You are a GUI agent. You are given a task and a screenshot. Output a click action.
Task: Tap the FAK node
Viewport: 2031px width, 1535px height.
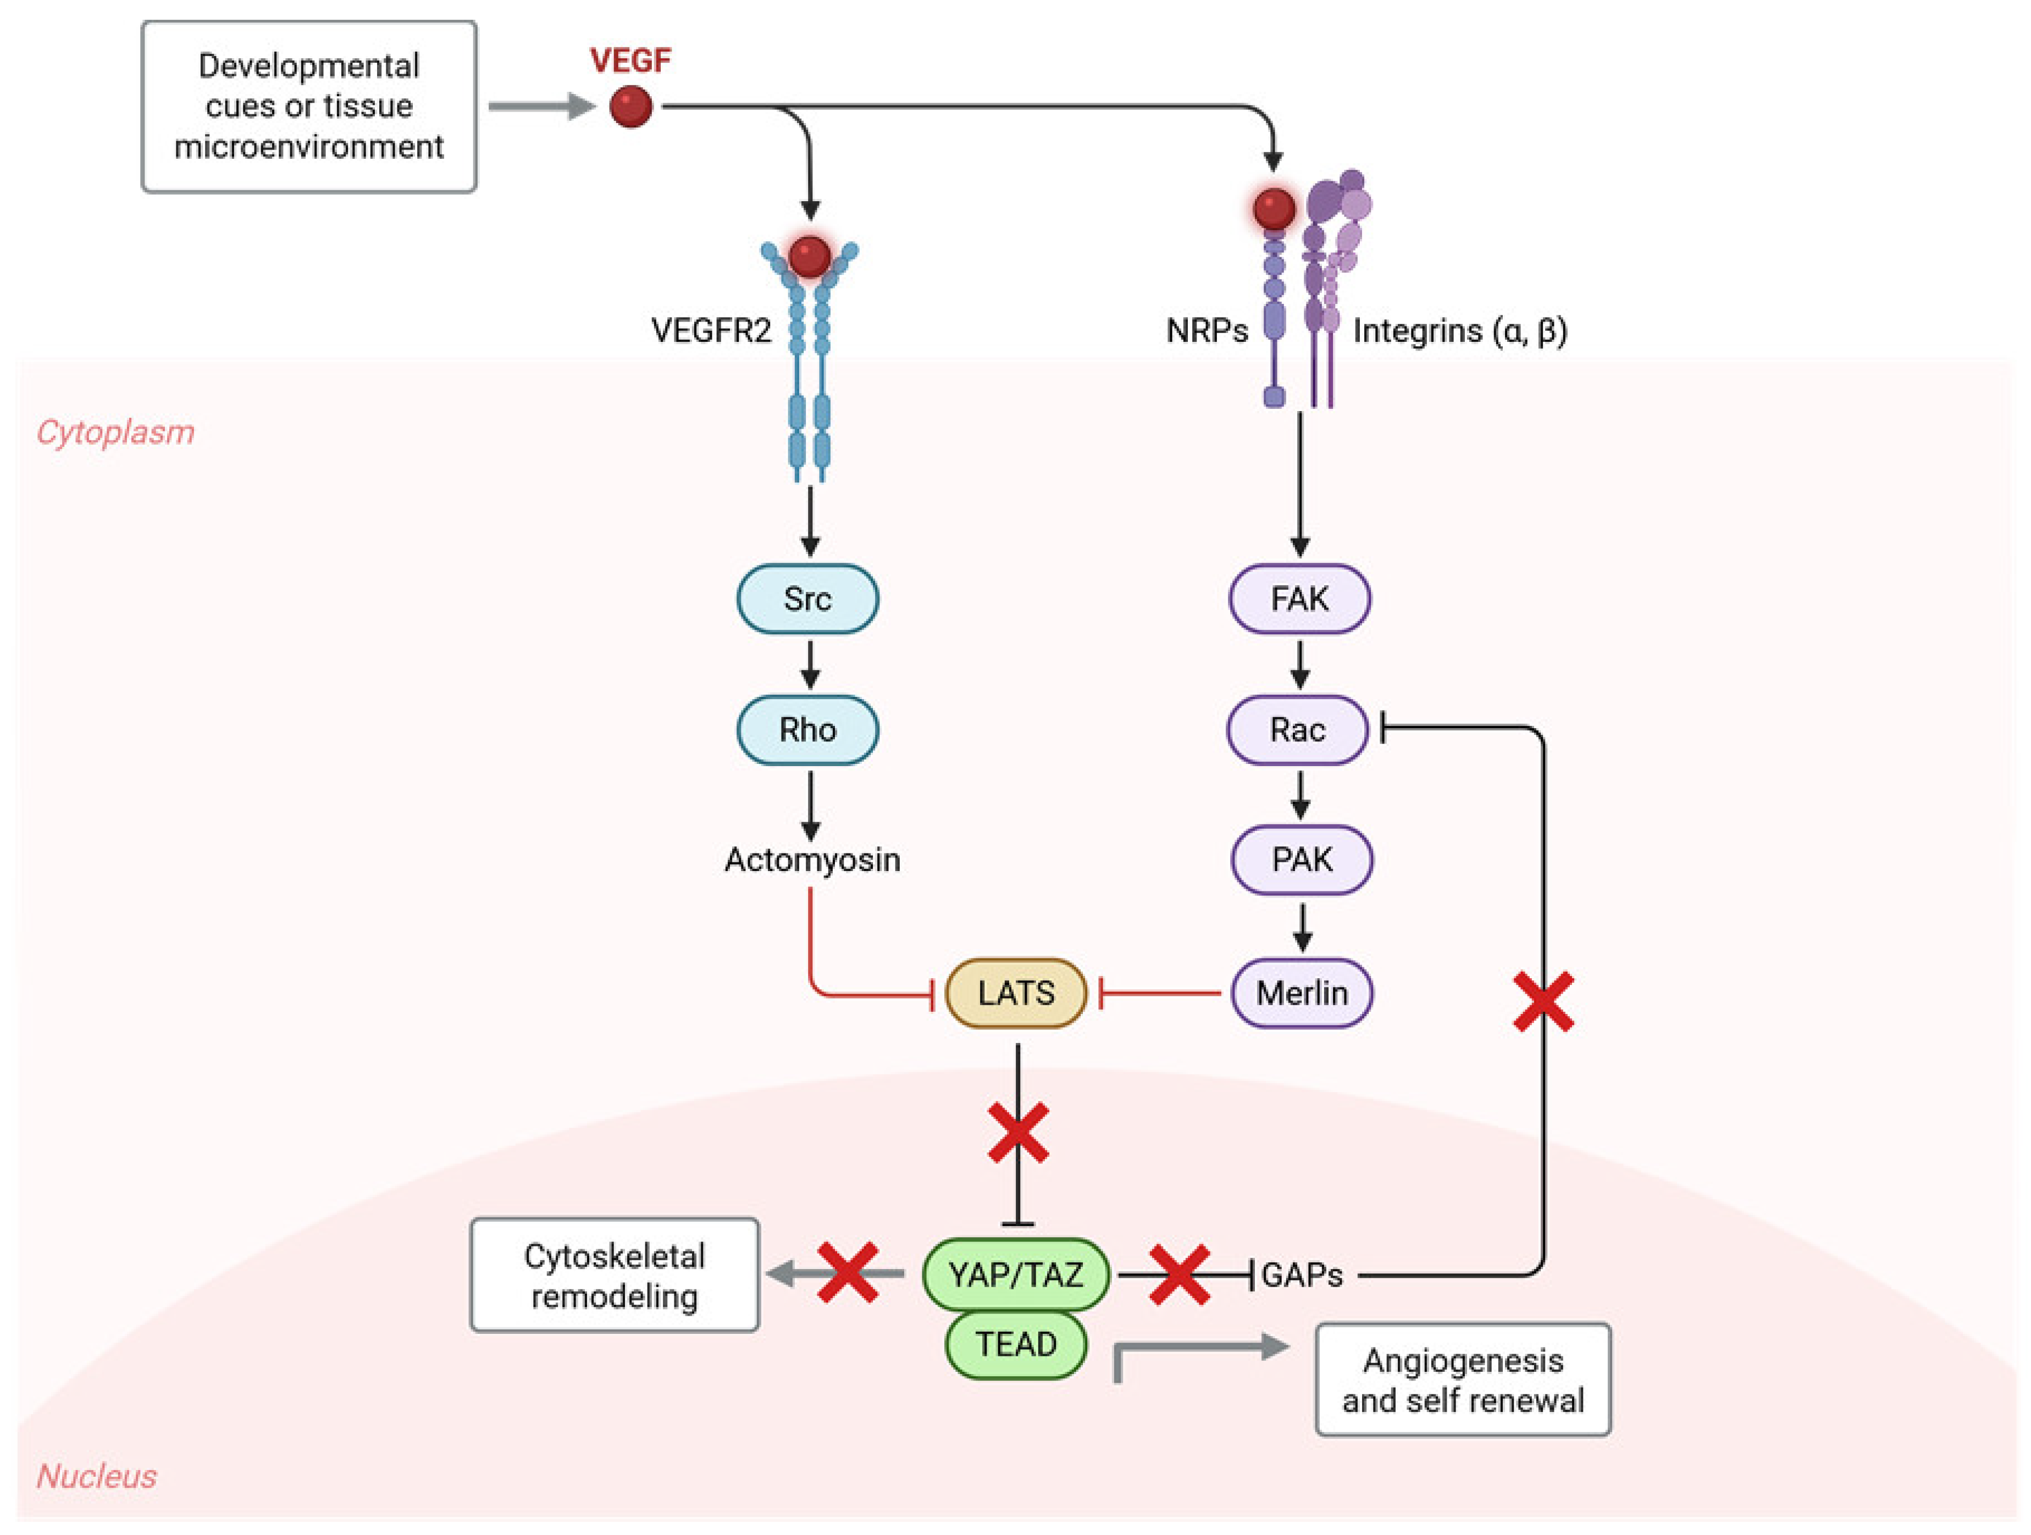pos(1300,599)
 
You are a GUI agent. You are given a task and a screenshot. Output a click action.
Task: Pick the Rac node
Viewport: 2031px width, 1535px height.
pos(1298,730)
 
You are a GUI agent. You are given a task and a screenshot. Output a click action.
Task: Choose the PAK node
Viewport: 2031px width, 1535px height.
pos(1302,860)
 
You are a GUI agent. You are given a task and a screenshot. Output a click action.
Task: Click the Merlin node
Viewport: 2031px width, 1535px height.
pos(1302,993)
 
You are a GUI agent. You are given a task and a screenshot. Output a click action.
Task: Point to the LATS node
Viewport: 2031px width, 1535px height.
pos(1016,993)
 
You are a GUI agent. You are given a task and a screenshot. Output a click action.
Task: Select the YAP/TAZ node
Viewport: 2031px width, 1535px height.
pos(1016,1274)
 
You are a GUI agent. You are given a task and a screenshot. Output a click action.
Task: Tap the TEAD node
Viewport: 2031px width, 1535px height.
pos(1016,1344)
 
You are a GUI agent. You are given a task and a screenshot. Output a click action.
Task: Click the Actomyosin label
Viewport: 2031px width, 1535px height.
pos(812,860)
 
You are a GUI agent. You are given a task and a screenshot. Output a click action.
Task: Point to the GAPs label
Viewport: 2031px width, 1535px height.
pos(1302,1275)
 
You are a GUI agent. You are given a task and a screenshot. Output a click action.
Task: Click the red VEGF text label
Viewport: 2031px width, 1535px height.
pos(631,60)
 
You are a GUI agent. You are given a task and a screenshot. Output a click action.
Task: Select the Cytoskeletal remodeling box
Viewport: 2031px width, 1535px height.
pos(615,1275)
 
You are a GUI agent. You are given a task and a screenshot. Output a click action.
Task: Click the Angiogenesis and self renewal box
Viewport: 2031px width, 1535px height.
pos(1464,1380)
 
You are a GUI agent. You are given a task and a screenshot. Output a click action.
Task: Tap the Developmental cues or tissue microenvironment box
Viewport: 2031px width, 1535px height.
pos(309,107)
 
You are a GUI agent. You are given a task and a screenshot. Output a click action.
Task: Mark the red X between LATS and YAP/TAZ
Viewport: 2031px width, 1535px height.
pos(1019,1133)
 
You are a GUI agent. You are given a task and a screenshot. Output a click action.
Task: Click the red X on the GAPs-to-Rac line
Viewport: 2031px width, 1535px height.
pos(1543,1001)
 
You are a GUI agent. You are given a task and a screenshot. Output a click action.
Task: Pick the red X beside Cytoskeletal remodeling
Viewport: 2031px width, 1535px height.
pos(848,1272)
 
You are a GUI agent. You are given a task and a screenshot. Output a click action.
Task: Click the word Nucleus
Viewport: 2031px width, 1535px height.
pos(96,1476)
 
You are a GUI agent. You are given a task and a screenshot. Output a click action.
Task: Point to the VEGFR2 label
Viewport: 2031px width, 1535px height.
pos(712,330)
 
